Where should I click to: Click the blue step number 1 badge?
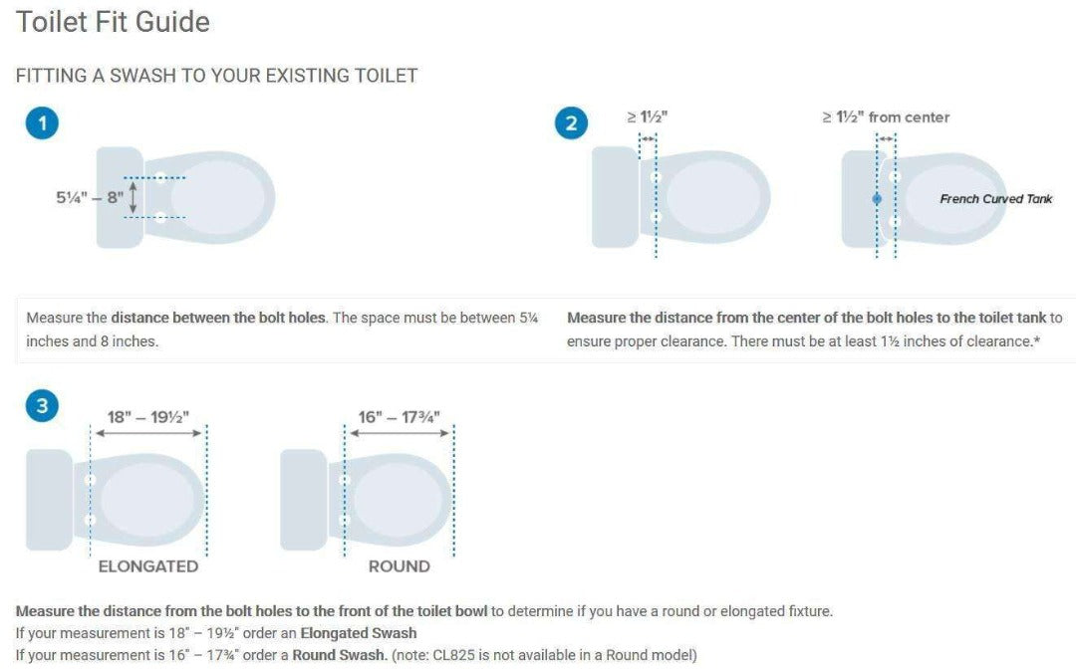point(41,123)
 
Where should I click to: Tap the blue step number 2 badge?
point(571,123)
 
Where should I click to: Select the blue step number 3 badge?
point(41,405)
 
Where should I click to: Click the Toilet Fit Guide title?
point(113,22)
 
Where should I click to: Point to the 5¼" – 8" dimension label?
point(90,197)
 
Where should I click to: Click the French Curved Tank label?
point(995,199)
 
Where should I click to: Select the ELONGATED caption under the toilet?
point(147,566)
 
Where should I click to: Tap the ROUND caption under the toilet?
point(399,566)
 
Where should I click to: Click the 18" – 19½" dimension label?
point(148,416)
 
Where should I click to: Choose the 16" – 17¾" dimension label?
point(400,416)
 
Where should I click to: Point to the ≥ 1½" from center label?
point(886,117)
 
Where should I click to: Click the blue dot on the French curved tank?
point(877,199)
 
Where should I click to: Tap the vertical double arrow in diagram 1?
point(134,197)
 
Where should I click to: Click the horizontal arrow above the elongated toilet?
point(148,433)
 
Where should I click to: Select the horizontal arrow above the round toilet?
point(400,433)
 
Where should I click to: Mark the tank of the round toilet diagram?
point(303,500)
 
